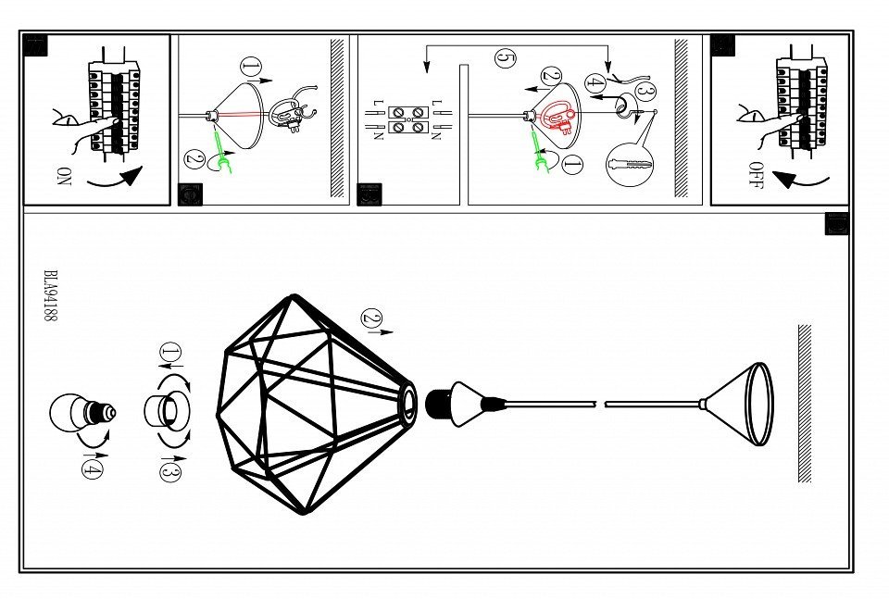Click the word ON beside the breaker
pyautogui.click(x=63, y=175)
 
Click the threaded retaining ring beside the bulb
pyautogui.click(x=167, y=409)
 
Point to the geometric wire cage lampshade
pyautogui.click(x=310, y=405)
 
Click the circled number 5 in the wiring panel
pyautogui.click(x=505, y=58)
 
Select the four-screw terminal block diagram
pyautogui.click(x=407, y=119)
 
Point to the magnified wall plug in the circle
pyautogui.click(x=630, y=167)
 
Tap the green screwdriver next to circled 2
pyautogui.click(x=219, y=144)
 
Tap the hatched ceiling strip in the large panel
pyautogui.click(x=804, y=403)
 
